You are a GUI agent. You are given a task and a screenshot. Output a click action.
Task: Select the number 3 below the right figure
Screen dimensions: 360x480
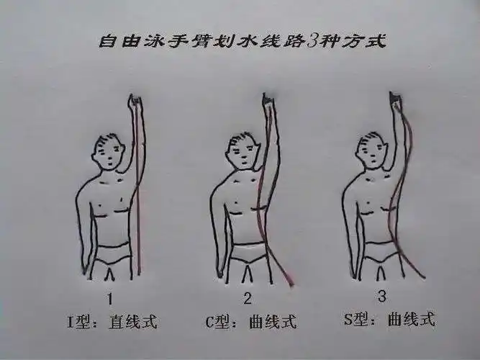click(382, 295)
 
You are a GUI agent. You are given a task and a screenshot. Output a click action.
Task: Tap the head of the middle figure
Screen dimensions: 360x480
click(243, 150)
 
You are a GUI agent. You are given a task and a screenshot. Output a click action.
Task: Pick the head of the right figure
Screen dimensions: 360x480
click(372, 149)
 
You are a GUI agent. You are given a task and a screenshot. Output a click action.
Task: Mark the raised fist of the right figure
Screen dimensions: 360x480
click(394, 99)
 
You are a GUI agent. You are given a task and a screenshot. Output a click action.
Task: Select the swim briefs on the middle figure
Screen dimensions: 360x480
click(247, 254)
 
